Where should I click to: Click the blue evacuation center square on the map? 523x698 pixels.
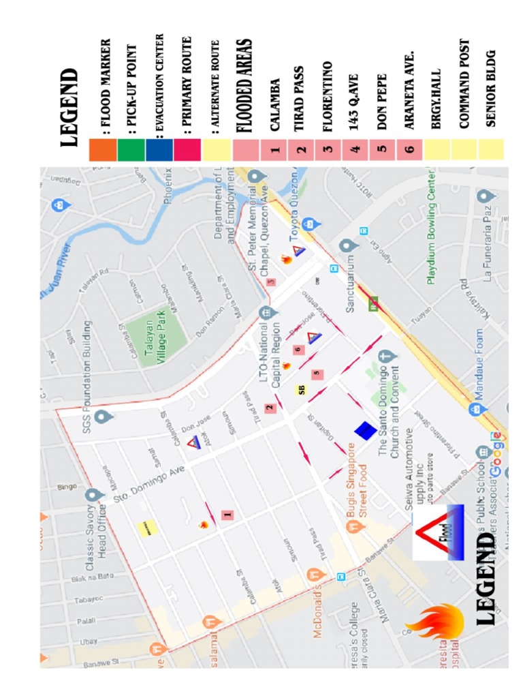coord(364,430)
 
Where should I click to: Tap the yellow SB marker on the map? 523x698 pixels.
coord(301,390)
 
